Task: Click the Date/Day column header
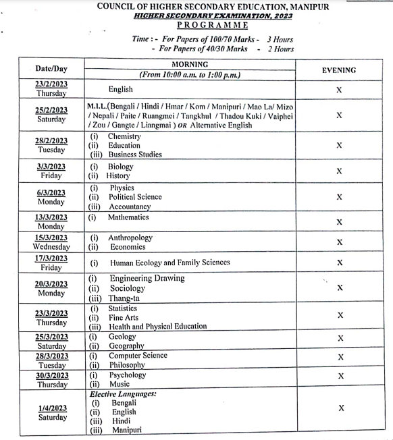[51, 69]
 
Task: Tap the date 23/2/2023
[51, 84]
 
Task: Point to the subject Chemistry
[124, 136]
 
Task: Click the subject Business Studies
[135, 155]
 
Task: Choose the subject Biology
[121, 167]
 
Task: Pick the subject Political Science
[135, 197]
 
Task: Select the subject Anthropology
[130, 238]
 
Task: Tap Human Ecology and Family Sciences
[169, 263]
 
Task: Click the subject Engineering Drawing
[147, 278]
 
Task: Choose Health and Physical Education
[157, 327]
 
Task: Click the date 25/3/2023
[51, 337]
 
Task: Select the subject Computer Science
[138, 356]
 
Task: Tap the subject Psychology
[127, 375]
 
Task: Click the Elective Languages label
[123, 393]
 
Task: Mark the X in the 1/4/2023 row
[341, 408]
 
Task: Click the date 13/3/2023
[51, 217]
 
